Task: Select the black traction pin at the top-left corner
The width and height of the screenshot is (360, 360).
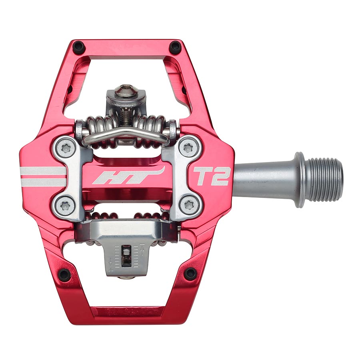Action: tap(78, 47)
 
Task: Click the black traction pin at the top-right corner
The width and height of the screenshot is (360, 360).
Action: tap(175, 47)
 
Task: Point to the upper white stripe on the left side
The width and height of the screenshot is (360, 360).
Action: tap(42, 172)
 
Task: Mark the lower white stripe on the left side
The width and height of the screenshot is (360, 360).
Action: tap(42, 182)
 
